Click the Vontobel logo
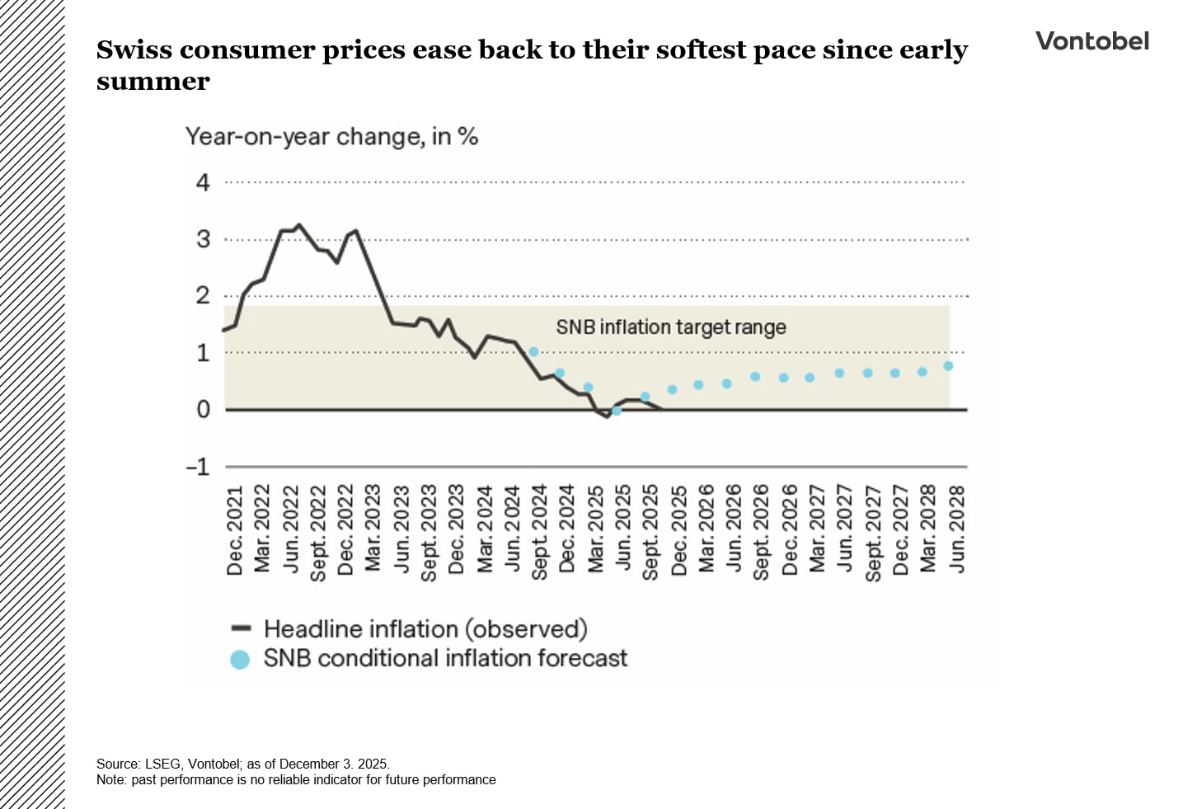tap(1091, 41)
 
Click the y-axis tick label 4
tap(203, 182)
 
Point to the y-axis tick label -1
tap(199, 467)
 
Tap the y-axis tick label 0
tap(203, 410)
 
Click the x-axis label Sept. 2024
tap(540, 533)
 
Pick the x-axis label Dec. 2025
tap(679, 530)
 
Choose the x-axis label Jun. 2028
tap(956, 529)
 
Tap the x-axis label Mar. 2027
tap(817, 529)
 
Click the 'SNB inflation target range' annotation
tap(670, 327)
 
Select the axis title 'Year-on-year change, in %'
tap(331, 136)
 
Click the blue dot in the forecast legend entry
tap(240, 660)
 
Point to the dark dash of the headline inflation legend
tap(241, 628)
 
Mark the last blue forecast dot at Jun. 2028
tap(948, 366)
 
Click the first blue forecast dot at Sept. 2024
tap(533, 352)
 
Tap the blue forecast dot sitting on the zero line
tap(616, 411)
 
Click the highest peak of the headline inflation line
tap(299, 224)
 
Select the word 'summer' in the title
tap(153, 82)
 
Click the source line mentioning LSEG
tap(242, 764)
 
